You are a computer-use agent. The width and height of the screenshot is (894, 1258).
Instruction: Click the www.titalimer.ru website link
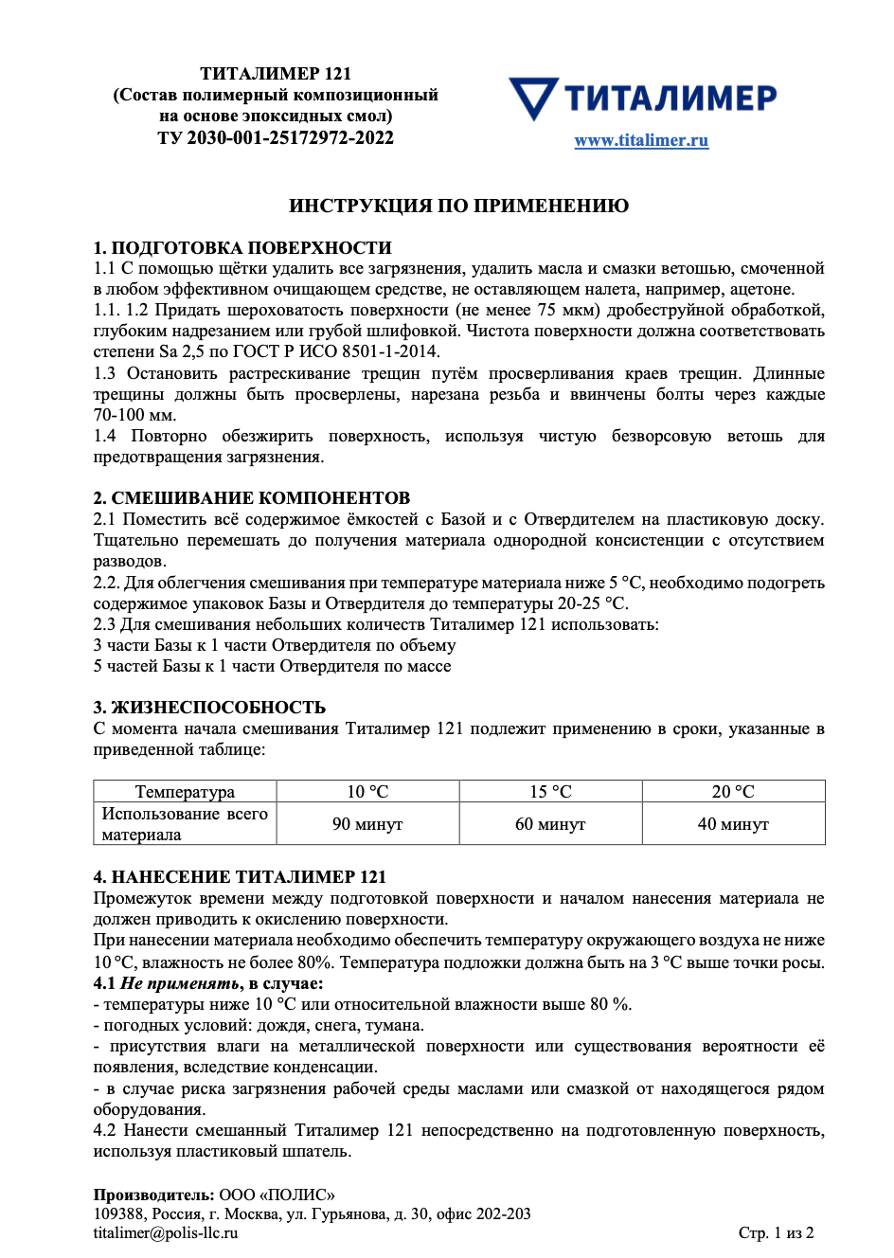(x=641, y=141)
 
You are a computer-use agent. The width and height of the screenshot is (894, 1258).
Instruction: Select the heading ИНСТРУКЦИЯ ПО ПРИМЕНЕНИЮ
(x=458, y=207)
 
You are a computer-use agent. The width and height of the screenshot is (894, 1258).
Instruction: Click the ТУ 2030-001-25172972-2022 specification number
(x=276, y=138)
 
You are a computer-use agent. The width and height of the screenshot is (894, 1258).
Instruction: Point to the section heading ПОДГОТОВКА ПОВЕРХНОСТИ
(x=251, y=248)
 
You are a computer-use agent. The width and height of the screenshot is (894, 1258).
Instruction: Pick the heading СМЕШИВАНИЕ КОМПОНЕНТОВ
(x=260, y=498)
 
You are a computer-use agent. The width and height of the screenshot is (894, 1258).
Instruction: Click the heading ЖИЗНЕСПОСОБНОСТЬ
(x=218, y=708)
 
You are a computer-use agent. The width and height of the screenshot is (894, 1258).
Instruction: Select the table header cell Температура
(x=185, y=792)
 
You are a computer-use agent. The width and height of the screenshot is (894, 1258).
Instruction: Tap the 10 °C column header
(x=367, y=792)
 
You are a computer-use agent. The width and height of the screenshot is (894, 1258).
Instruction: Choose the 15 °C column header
(x=550, y=792)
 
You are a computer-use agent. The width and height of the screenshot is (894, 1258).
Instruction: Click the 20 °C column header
(x=733, y=792)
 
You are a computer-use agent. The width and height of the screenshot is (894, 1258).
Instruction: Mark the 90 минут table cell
(x=367, y=824)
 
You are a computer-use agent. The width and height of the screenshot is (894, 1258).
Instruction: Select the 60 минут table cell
(x=550, y=824)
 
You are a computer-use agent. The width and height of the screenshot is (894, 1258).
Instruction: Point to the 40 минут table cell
(x=733, y=824)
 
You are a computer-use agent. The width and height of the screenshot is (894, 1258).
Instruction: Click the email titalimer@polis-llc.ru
(x=166, y=1233)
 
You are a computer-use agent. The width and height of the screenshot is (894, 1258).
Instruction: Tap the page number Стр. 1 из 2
(x=776, y=1233)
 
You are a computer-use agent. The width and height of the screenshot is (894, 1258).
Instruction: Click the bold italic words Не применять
(x=181, y=983)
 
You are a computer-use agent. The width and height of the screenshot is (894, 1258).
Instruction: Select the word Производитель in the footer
(x=153, y=1195)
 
